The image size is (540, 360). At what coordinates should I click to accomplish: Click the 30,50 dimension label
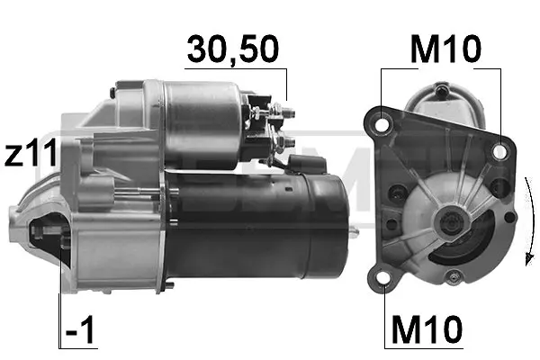(233, 49)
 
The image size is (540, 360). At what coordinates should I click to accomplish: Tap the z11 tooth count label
(31, 153)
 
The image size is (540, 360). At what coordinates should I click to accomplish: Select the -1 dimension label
(80, 329)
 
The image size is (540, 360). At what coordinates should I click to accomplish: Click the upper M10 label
(445, 49)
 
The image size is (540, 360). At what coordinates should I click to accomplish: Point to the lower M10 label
(427, 329)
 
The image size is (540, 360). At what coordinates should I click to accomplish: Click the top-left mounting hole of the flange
(382, 124)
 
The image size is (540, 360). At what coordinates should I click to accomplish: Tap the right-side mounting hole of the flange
(499, 151)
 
